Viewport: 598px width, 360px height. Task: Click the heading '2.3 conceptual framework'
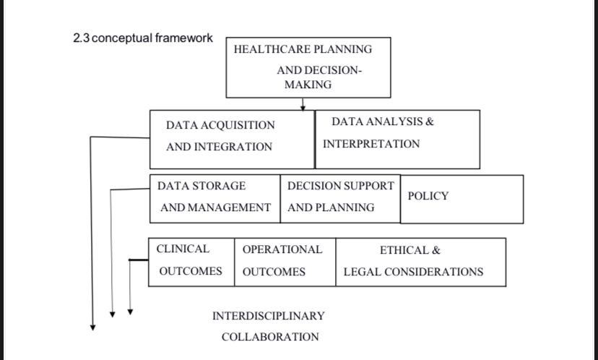pyautogui.click(x=143, y=38)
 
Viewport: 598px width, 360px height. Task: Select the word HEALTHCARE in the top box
pyautogui.click(x=263, y=50)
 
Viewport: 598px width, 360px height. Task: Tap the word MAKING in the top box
pyautogui.click(x=308, y=85)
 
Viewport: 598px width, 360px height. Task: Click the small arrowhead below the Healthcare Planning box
pyautogui.click(x=303, y=107)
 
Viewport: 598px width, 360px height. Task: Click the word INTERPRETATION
pyautogui.click(x=371, y=144)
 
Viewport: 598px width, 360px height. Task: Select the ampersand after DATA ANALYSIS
pyautogui.click(x=430, y=121)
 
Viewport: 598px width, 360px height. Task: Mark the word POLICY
pyautogui.click(x=428, y=197)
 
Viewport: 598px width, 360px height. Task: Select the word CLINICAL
pyautogui.click(x=183, y=249)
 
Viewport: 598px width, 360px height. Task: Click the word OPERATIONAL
pyautogui.click(x=282, y=250)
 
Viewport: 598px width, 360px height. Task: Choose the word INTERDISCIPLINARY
pyautogui.click(x=269, y=317)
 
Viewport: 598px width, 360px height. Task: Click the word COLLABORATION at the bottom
pyautogui.click(x=270, y=338)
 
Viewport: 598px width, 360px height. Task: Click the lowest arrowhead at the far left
pyautogui.click(x=92, y=327)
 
